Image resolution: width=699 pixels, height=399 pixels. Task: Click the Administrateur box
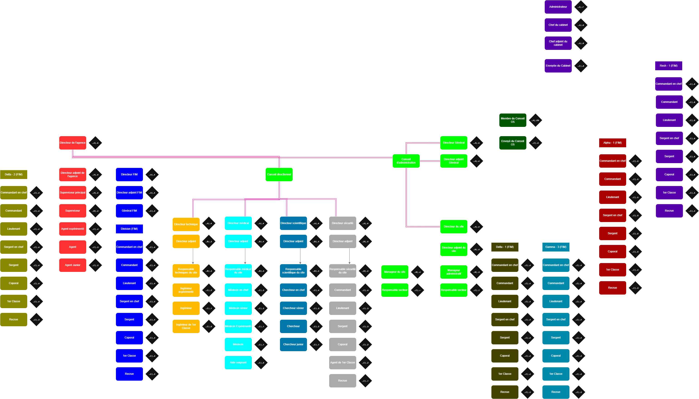coord(558,7)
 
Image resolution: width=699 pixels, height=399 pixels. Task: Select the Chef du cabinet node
coord(558,25)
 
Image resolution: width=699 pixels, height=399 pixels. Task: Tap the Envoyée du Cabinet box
coord(558,66)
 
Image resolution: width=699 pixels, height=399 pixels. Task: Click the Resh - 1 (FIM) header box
coord(669,66)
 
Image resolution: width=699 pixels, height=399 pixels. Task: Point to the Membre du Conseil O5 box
coord(513,120)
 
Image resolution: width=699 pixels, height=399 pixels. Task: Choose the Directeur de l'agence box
coord(73,143)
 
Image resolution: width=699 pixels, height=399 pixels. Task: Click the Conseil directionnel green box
coord(279,174)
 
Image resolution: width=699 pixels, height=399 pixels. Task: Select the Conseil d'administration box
coord(406,161)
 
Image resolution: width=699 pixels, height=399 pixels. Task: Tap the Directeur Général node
coord(454,143)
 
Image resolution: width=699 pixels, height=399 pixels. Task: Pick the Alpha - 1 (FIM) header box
coord(612,143)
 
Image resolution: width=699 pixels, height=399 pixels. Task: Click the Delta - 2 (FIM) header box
coord(14,174)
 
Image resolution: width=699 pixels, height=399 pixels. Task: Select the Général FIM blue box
coord(129,211)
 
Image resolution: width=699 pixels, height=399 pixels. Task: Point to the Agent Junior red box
coord(73,265)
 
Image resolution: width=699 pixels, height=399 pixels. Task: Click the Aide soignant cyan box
coord(238,363)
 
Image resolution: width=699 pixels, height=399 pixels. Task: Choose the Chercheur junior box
coord(293,344)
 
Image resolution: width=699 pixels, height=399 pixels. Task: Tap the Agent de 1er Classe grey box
coord(342,363)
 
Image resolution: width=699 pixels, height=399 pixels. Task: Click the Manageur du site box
coord(395,272)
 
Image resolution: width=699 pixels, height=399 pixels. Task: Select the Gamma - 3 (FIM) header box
coord(556,247)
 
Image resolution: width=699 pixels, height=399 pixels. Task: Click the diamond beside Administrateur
coord(581,7)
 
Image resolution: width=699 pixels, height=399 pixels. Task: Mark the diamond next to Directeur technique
coord(209,224)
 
